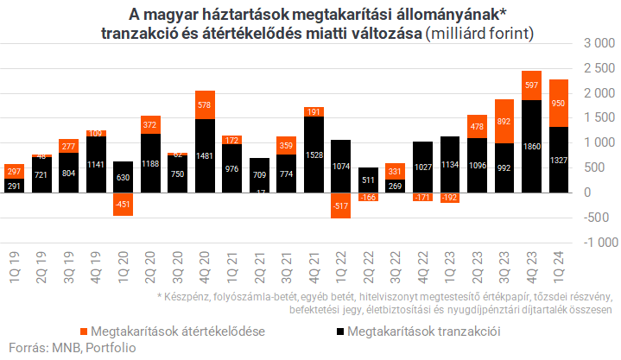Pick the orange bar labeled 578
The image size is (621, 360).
pyautogui.click(x=206, y=104)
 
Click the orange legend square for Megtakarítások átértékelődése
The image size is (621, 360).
pyautogui.click(x=84, y=331)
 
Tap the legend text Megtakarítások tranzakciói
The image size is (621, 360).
pyautogui.click(x=424, y=331)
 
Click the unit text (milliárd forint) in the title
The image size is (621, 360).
pyautogui.click(x=480, y=33)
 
